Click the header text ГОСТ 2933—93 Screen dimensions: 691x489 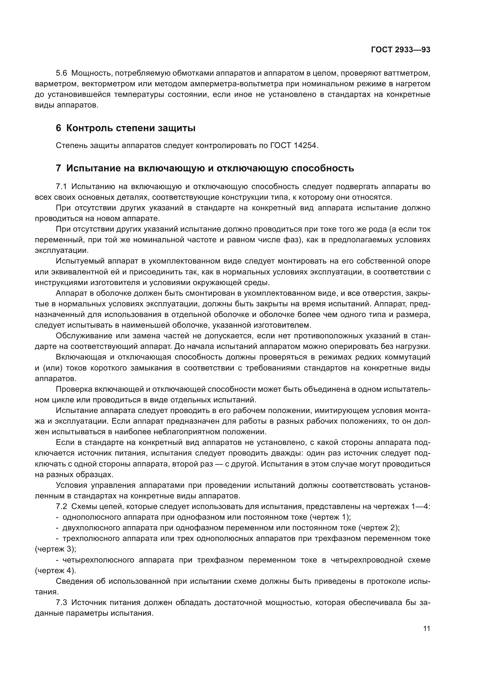401,50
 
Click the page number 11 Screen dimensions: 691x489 426,628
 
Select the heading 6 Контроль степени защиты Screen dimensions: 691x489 126,128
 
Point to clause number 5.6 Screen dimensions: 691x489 61,73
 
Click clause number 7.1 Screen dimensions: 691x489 61,187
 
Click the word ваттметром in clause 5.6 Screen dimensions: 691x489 407,73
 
